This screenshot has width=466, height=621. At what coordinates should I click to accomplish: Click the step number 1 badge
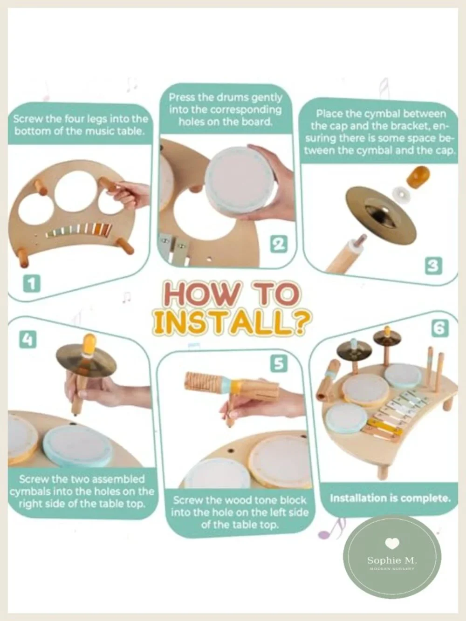click(31, 284)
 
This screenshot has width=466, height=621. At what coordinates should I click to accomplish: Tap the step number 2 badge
click(278, 244)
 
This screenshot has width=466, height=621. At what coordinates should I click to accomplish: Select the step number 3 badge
click(433, 266)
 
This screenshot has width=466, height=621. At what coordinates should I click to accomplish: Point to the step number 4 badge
click(27, 339)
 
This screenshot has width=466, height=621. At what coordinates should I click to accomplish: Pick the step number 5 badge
click(279, 363)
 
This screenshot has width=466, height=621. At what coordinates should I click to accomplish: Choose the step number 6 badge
click(440, 328)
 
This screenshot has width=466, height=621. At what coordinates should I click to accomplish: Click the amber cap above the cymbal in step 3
click(418, 176)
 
